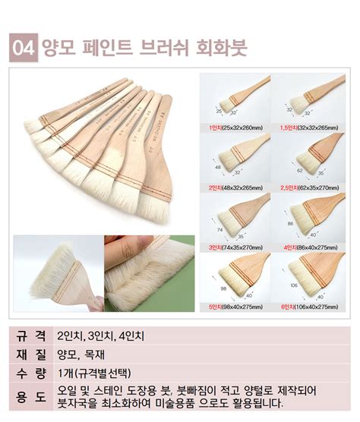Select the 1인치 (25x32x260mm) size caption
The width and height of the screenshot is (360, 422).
235,128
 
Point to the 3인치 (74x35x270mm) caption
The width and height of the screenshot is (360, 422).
235,247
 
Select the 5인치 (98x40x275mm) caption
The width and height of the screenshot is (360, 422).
235,307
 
